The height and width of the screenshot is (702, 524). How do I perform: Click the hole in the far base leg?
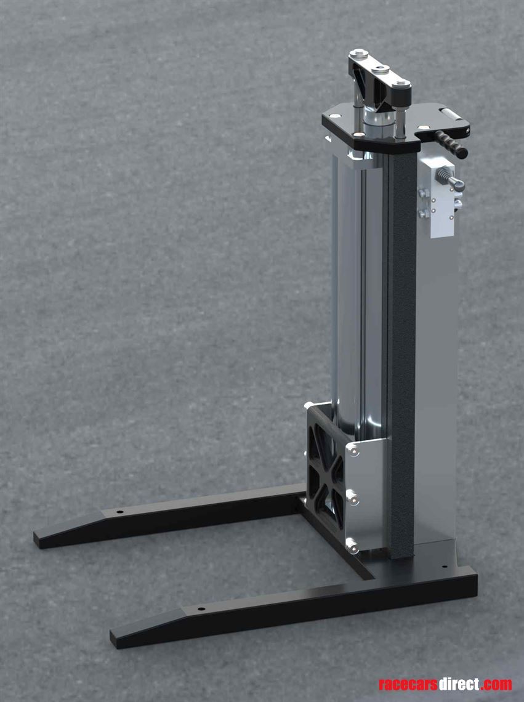click(x=120, y=512)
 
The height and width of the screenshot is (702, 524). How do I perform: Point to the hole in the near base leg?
click(x=201, y=609)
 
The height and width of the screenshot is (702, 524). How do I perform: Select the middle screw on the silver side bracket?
click(x=352, y=498)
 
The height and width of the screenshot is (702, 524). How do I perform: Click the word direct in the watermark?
click(x=459, y=685)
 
